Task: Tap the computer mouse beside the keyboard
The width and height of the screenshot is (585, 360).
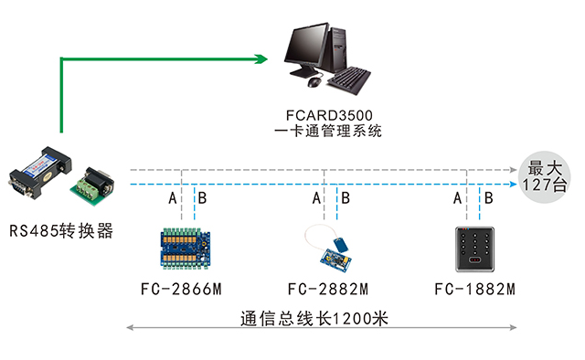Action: point(314,82)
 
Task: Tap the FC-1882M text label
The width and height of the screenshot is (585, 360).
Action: point(474,291)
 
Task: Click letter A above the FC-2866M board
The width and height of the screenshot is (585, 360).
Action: point(172,198)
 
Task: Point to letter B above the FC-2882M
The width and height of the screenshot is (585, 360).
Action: point(346,198)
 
